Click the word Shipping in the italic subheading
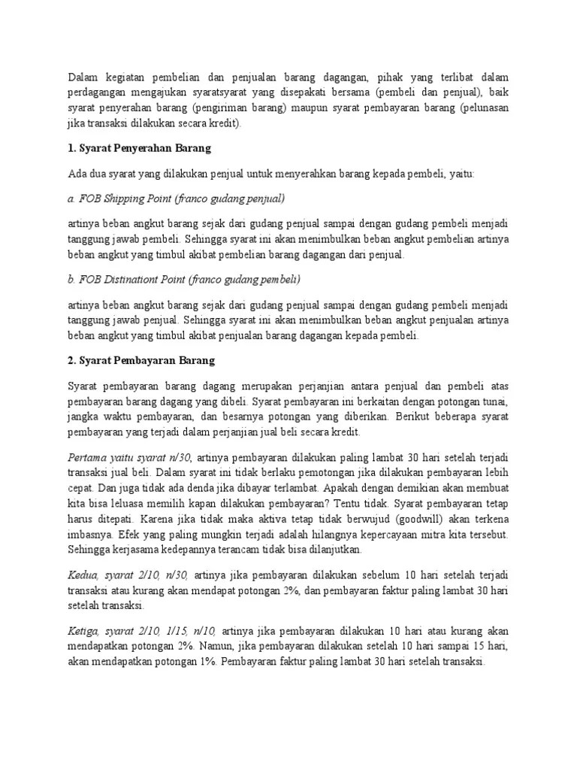point(123,199)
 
